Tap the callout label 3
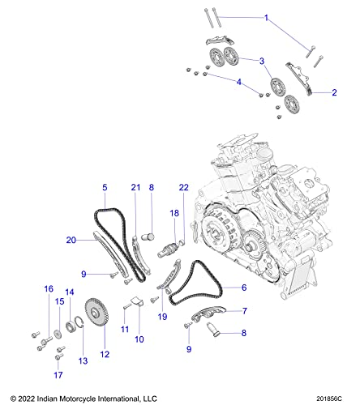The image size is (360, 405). pos(261,61)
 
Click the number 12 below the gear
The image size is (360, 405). pos(103,354)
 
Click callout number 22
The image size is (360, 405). pos(183,210)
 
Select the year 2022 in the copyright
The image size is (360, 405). pos(28,398)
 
